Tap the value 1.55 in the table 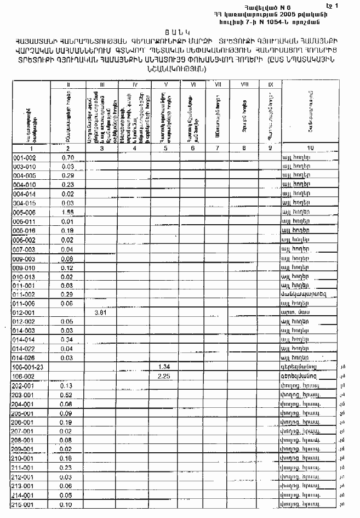68,212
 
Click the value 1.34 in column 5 164,366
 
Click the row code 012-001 24,312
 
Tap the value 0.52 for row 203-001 68,395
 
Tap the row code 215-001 24,504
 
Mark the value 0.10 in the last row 68,504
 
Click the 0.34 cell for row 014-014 68,340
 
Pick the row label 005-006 24,212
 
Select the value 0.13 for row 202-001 68,385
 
